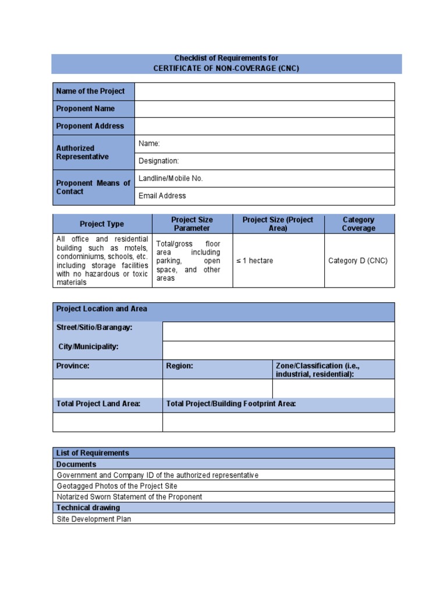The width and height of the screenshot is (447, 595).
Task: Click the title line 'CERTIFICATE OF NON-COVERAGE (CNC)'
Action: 226,68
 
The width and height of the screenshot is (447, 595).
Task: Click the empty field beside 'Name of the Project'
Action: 264,91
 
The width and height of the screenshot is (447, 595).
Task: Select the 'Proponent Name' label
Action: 86,109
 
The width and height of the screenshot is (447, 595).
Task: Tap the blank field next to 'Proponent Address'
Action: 264,126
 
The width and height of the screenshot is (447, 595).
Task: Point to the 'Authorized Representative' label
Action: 82,152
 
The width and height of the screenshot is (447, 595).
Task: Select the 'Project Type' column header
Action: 102,224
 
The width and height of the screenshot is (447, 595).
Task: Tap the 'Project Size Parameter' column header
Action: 192,224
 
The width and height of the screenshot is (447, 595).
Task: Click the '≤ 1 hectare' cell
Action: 254,261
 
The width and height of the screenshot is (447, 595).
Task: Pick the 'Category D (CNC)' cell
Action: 358,261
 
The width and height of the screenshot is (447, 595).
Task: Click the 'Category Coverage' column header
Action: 359,224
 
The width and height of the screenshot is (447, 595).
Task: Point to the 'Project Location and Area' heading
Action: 102,309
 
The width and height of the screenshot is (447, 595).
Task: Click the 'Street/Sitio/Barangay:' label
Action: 94,328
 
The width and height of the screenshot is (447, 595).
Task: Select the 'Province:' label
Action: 73,366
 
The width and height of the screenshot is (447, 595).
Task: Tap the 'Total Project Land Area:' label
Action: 98,403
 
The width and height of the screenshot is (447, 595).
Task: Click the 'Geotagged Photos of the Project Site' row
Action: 117,486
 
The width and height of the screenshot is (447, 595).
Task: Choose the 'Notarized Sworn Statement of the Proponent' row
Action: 129,497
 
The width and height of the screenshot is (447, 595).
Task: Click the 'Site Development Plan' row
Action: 94,519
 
